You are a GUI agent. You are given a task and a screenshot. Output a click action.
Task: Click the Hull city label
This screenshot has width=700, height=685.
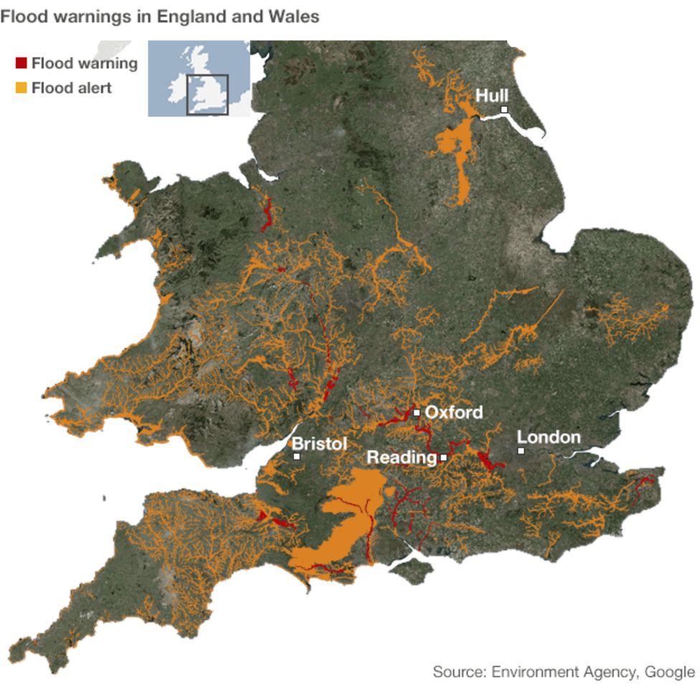(492, 95)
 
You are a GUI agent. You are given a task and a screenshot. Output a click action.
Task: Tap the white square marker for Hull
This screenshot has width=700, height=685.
(504, 110)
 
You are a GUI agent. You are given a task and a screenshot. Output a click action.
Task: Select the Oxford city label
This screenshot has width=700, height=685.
(453, 413)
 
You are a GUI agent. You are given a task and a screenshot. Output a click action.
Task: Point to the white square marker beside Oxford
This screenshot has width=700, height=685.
(417, 413)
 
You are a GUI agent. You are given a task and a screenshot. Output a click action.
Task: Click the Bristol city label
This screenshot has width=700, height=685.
(319, 444)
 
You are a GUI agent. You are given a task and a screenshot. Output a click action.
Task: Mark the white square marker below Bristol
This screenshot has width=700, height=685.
(296, 456)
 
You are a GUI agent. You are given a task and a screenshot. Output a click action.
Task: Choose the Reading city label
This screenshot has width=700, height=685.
(401, 457)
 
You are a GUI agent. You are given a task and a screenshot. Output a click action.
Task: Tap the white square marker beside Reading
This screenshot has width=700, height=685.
(444, 457)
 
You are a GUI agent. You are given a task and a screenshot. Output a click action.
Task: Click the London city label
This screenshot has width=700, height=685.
(549, 437)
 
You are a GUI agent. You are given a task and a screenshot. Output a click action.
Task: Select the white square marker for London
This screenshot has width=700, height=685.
(521, 451)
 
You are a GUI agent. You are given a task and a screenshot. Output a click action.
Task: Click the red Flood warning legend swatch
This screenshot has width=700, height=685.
(21, 63)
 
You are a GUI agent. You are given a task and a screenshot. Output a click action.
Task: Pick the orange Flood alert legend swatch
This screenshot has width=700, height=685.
(21, 88)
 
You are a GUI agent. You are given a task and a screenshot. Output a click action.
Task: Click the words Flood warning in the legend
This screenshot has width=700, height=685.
(84, 63)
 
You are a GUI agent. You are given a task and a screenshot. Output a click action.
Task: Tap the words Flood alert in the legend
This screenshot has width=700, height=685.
(72, 88)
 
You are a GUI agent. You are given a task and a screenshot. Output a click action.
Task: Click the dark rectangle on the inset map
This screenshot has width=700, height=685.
(207, 94)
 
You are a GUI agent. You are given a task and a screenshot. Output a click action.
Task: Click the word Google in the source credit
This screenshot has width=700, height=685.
(669, 672)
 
